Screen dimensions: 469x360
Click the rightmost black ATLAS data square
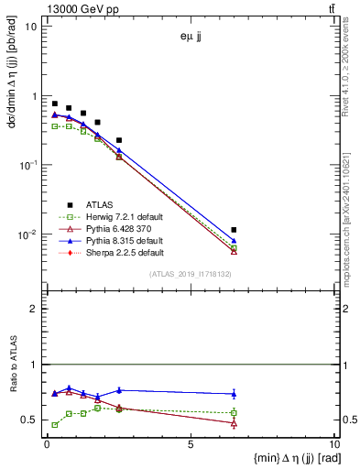click(x=235, y=230)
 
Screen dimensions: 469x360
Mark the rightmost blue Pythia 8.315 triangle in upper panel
click(x=235, y=241)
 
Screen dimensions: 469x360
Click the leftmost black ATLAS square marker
click(x=55, y=104)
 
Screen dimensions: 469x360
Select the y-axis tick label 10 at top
click(x=31, y=26)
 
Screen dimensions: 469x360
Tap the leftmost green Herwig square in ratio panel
click(x=55, y=425)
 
